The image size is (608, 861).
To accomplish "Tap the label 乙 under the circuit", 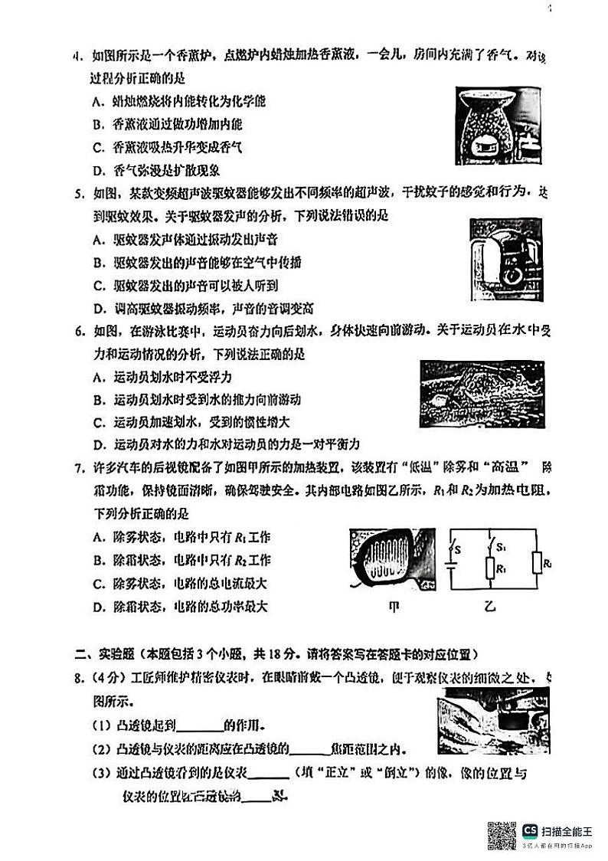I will (x=489, y=606).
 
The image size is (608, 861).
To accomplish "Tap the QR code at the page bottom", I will (x=502, y=834).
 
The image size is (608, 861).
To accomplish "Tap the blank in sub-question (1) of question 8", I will (x=201, y=725).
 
